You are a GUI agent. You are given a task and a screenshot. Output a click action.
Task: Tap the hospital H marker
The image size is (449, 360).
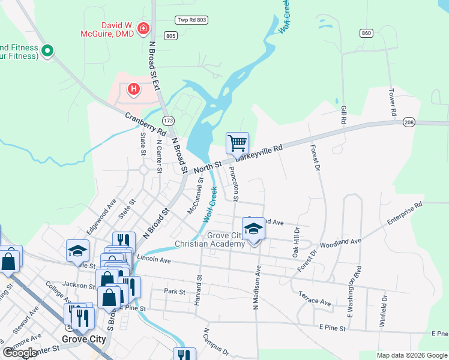tap(134, 90)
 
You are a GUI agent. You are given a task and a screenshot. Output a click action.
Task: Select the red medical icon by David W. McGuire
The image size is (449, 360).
tap(143, 28)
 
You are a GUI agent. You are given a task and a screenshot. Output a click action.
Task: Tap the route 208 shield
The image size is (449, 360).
tap(409, 122)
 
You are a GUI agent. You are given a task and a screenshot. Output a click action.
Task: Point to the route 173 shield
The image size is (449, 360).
tap(168, 121)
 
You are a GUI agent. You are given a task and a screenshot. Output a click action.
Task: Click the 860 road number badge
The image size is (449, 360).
tap(366, 32)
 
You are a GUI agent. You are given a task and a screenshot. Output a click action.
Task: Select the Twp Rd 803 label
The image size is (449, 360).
tap(191, 20)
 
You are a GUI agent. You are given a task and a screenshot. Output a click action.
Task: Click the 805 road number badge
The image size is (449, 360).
tap(170, 36)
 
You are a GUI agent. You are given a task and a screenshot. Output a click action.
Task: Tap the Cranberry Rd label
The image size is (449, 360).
tap(145, 122)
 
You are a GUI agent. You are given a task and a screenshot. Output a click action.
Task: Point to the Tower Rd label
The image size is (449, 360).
tap(392, 103)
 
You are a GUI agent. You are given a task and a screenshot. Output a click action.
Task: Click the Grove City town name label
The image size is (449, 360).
tap(83, 339)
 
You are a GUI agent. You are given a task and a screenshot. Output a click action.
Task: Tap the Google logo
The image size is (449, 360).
tap(19, 353)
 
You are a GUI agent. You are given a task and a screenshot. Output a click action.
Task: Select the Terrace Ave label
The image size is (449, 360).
tap(315, 299)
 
